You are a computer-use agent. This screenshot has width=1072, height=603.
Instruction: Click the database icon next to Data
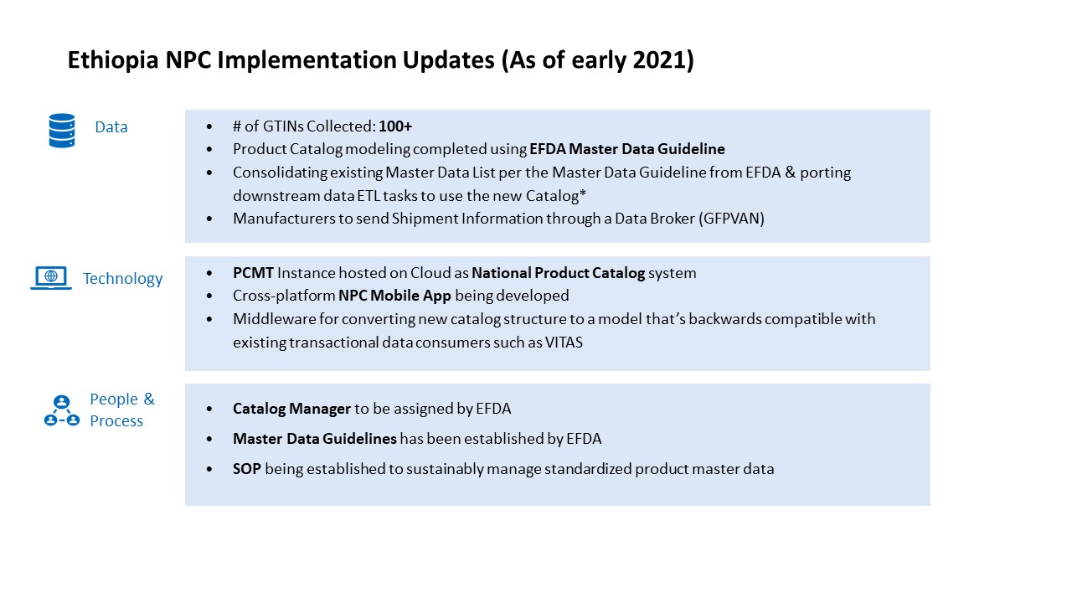click(x=62, y=131)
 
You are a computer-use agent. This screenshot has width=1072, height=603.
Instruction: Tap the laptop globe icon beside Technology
click(x=51, y=278)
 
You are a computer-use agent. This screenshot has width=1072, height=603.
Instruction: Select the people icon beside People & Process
click(x=61, y=410)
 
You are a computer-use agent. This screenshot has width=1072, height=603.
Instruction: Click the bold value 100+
click(x=395, y=126)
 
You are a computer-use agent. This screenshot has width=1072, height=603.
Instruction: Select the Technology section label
click(x=122, y=279)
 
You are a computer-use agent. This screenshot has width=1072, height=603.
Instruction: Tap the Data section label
click(x=111, y=127)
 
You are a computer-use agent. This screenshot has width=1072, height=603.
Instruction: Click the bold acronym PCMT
click(x=253, y=273)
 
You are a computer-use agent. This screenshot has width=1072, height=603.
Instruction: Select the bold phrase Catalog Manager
click(x=291, y=409)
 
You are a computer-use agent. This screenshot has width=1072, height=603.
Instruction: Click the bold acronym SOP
click(x=247, y=469)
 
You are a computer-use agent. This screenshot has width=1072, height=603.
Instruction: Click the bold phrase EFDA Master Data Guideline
click(x=627, y=149)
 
